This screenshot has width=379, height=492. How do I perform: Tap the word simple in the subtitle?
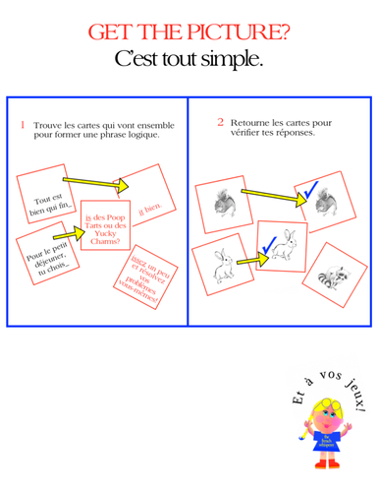pyautogui.click(x=229, y=60)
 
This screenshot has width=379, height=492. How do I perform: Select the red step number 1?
pyautogui.click(x=22, y=124)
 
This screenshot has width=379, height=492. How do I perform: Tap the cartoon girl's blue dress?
pyautogui.click(x=326, y=435)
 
